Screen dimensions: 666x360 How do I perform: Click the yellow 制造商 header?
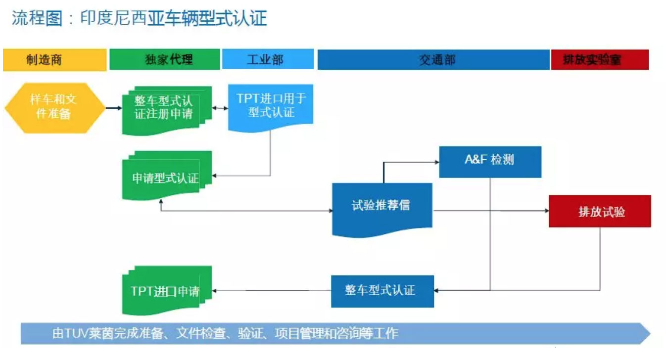(55, 60)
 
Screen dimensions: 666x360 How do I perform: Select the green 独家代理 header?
(165, 59)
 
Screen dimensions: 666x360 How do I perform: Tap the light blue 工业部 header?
(268, 59)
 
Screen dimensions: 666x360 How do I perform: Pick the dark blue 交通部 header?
(433, 60)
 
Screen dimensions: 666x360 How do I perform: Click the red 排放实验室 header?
(600, 60)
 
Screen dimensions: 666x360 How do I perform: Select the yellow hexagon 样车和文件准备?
(55, 108)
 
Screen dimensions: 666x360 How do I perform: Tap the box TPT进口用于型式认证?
(271, 108)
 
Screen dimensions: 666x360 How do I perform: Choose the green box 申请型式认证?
(167, 176)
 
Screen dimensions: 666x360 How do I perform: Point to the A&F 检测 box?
(490, 162)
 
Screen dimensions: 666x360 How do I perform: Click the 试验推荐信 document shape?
(382, 210)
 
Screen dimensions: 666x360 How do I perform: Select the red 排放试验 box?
(600, 211)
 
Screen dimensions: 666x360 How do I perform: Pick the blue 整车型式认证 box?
(382, 291)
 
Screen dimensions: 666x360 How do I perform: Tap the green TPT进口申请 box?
(167, 290)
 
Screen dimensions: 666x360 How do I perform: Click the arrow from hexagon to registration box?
(114, 108)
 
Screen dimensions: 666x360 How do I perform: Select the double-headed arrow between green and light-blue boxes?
(220, 108)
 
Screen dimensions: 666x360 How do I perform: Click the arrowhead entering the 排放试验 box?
(546, 211)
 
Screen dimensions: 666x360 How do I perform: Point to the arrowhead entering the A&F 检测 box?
(437, 162)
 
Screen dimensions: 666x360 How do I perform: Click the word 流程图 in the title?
(37, 18)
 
